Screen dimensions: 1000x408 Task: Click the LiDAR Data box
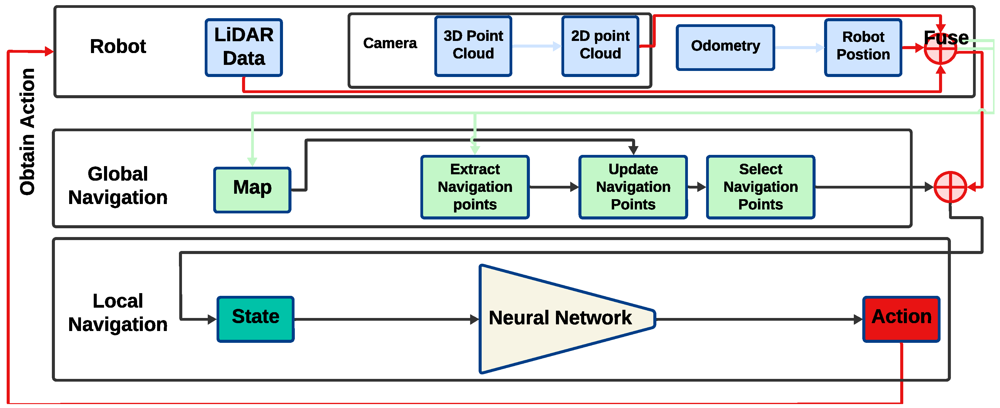click(244, 47)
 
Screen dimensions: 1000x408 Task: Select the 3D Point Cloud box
click(473, 46)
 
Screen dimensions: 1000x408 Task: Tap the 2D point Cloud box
click(600, 46)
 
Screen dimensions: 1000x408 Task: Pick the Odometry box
click(726, 47)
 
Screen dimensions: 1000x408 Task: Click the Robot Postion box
click(863, 47)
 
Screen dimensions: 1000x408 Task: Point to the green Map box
click(252, 190)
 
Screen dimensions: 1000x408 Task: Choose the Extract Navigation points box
click(475, 187)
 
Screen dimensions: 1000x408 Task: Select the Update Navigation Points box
click(633, 187)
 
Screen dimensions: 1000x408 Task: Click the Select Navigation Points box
click(760, 187)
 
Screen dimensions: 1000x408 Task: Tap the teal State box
click(255, 319)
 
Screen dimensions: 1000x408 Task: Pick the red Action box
click(901, 319)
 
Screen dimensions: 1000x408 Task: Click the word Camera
click(390, 43)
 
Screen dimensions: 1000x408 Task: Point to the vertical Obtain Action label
click(27, 132)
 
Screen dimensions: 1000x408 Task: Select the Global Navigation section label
click(118, 186)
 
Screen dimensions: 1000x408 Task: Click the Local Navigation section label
click(118, 312)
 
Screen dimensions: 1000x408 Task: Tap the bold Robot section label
click(118, 46)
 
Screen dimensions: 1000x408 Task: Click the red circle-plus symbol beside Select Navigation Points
click(950, 187)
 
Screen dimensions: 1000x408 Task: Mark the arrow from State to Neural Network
click(386, 319)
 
